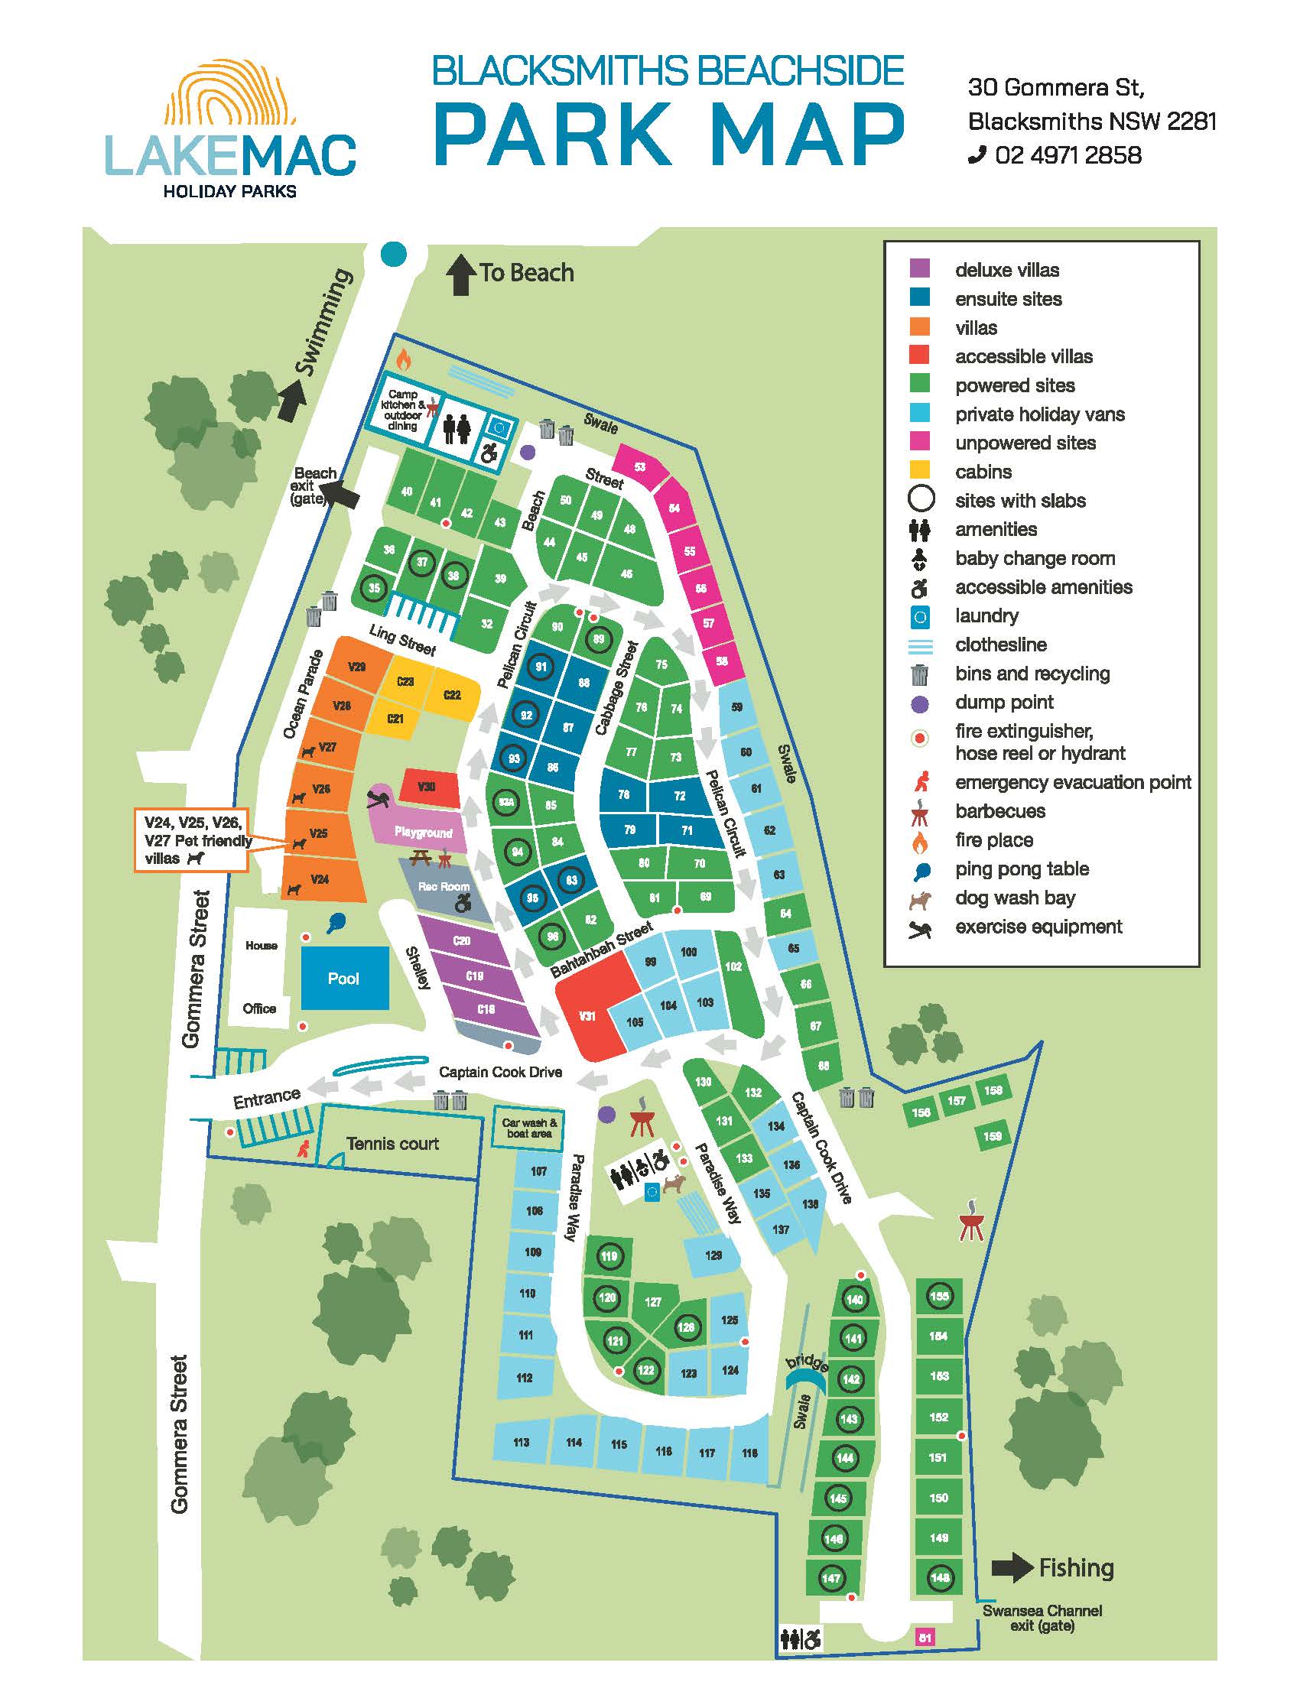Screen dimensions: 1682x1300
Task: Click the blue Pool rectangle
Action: (x=343, y=977)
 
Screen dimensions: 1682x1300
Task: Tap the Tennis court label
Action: (x=392, y=1144)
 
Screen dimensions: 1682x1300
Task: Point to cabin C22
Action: (x=453, y=695)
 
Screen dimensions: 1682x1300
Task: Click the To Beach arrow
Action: (x=460, y=275)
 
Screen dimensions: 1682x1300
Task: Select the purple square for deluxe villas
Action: (x=919, y=269)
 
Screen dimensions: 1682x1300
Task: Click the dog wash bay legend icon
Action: (x=919, y=898)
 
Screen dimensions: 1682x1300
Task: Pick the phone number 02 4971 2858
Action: (x=1068, y=155)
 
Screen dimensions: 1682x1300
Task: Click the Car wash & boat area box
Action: (x=529, y=1128)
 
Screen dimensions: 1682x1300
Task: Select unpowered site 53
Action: (x=639, y=467)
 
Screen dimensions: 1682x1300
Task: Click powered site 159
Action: (x=993, y=1136)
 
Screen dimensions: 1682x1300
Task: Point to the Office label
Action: (x=258, y=1008)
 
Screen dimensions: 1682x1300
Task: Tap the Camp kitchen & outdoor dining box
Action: (x=403, y=410)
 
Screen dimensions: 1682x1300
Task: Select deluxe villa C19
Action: (x=474, y=975)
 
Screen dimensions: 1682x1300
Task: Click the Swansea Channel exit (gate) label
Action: (x=1042, y=1618)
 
